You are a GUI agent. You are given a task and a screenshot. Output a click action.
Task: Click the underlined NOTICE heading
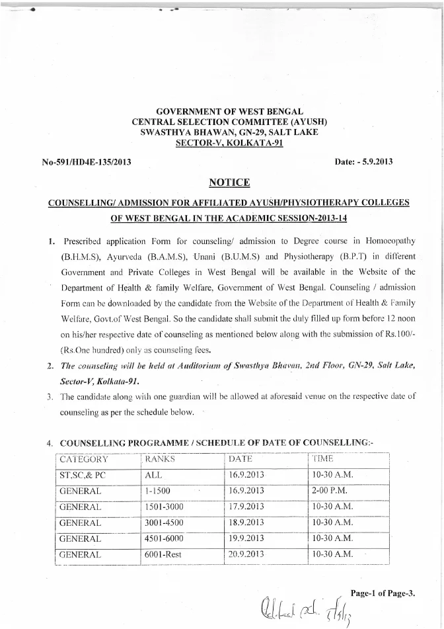point(229,182)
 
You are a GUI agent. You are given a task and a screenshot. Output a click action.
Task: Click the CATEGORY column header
point(84,459)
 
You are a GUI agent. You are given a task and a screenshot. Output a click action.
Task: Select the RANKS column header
point(161,459)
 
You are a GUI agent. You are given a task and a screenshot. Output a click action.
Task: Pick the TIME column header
point(324,459)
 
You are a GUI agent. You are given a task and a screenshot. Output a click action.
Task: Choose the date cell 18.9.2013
point(246,523)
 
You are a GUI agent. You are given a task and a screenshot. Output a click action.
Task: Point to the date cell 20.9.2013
point(246,554)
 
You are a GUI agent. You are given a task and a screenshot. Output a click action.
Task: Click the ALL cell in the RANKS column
point(153,475)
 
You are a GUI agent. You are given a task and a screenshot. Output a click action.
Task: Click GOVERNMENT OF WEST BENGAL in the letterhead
point(229,112)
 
